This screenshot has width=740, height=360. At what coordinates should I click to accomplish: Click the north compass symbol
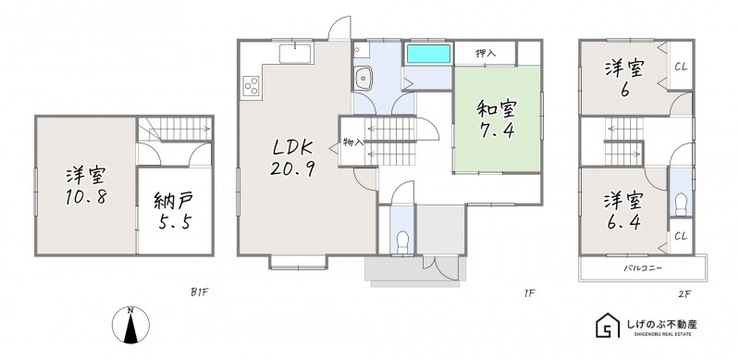point(130,325)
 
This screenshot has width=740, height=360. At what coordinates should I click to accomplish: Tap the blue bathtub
point(428,54)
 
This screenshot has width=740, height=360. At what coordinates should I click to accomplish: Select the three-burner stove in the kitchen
point(251,86)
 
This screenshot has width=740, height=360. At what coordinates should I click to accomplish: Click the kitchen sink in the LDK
point(295,54)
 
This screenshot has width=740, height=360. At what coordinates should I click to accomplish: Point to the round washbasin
point(363,77)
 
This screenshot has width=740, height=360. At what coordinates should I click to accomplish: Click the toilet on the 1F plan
point(402,242)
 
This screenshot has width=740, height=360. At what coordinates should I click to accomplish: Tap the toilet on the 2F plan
point(681,205)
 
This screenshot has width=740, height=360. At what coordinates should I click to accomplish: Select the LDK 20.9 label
point(292,158)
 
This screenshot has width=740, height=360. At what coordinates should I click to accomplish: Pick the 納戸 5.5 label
point(174,211)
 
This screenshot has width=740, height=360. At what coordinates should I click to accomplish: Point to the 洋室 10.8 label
point(85,186)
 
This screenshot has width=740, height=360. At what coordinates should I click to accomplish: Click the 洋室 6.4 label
point(623,212)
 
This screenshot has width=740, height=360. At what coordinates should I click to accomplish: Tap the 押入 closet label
point(486,53)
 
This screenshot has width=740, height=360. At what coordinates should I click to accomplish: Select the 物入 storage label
point(353,143)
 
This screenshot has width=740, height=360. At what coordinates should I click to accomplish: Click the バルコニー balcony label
point(643,268)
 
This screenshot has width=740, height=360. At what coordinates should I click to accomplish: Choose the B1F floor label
point(199,292)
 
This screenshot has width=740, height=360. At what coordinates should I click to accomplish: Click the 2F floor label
point(684,294)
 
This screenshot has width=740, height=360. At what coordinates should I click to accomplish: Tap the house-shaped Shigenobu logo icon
point(608,325)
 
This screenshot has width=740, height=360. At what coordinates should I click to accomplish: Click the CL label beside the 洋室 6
point(681,67)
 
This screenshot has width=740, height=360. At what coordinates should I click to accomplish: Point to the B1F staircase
point(175,129)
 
